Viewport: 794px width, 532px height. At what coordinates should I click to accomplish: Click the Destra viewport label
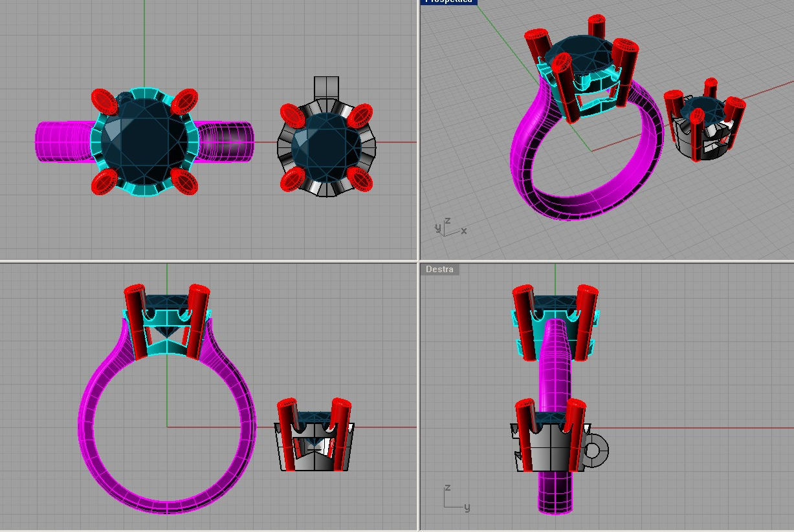click(x=440, y=269)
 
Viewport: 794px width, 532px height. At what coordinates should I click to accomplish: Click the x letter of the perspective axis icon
click(x=464, y=231)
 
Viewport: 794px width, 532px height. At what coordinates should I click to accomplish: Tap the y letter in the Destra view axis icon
click(x=467, y=507)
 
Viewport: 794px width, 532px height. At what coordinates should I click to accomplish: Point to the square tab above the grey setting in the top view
click(x=326, y=87)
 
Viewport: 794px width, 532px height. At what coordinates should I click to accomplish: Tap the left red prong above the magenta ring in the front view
click(x=137, y=320)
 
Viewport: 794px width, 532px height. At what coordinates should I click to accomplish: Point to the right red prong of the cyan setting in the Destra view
click(x=586, y=320)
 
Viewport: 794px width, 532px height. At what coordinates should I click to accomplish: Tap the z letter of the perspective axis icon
click(x=447, y=220)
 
